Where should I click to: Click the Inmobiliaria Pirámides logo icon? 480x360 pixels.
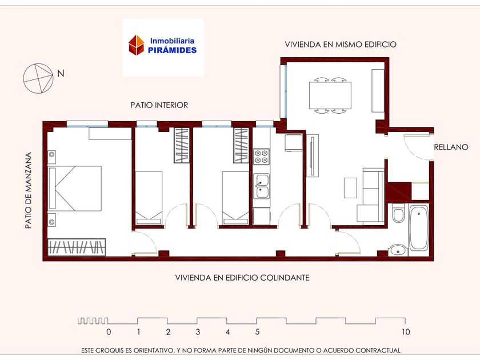[136, 45]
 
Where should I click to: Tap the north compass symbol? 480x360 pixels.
[38, 78]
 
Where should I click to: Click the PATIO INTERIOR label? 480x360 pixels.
[159, 105]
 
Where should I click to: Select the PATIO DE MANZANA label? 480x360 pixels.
[29, 190]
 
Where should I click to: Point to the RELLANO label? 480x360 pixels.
[451, 147]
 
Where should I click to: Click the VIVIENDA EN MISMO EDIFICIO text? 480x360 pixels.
[341, 45]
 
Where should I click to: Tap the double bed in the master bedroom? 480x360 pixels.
[75, 189]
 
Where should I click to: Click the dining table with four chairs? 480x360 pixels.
[330, 95]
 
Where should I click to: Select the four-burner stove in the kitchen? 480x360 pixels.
[262, 157]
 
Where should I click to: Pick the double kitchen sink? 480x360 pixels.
[262, 186]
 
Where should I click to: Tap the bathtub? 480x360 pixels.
[419, 228]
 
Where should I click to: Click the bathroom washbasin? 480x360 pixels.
[398, 250]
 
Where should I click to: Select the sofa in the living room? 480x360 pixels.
[371, 195]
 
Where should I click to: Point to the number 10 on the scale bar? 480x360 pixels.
[406, 332]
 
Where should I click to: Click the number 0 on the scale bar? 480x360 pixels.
[109, 332]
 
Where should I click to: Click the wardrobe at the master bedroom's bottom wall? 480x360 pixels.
[77, 247]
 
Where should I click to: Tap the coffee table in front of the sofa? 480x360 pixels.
[350, 188]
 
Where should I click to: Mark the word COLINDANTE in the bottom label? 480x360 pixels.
[285, 278]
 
